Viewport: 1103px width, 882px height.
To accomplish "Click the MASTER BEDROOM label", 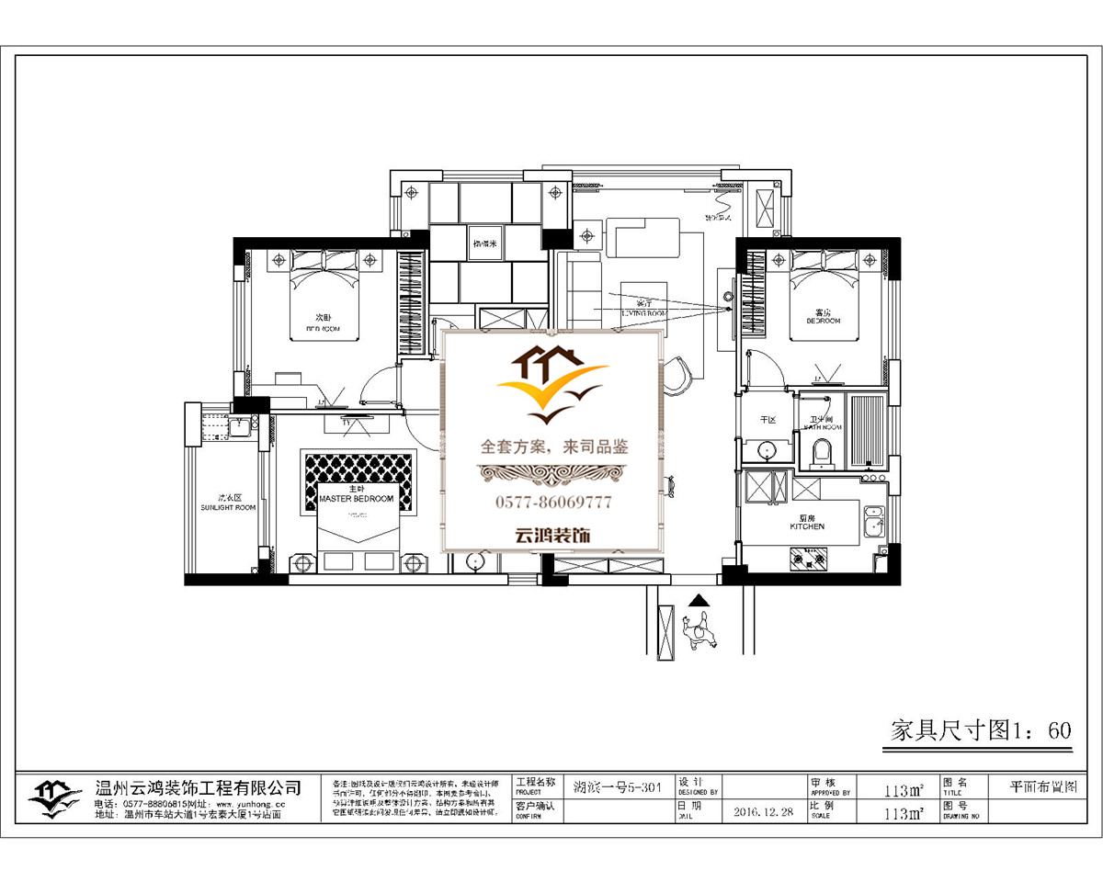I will (x=356, y=499).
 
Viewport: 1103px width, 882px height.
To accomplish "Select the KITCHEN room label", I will (x=807, y=526).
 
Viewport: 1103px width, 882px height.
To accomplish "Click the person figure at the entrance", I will (x=700, y=635).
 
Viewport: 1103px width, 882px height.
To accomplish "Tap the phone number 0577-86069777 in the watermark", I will (x=553, y=503).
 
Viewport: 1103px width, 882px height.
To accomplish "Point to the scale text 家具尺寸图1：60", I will (x=982, y=730).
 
